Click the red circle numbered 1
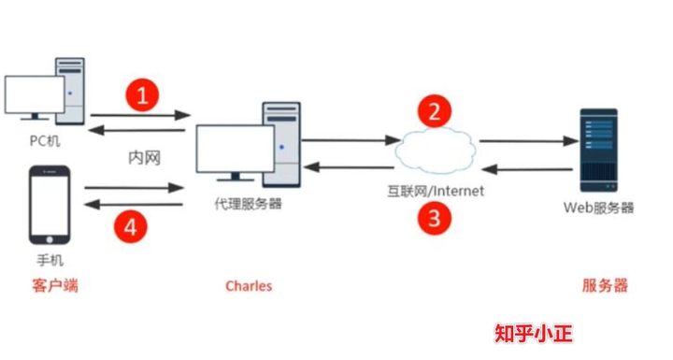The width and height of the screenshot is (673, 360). tap(142, 94)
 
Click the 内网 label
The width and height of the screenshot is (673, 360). tap(144, 158)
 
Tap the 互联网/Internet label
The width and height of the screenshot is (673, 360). tap(437, 192)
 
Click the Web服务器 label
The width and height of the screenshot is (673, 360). tap(599, 207)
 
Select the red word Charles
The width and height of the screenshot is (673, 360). tap(249, 285)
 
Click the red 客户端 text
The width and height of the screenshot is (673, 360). tap(55, 285)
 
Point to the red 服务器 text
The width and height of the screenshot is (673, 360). tap(605, 285)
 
